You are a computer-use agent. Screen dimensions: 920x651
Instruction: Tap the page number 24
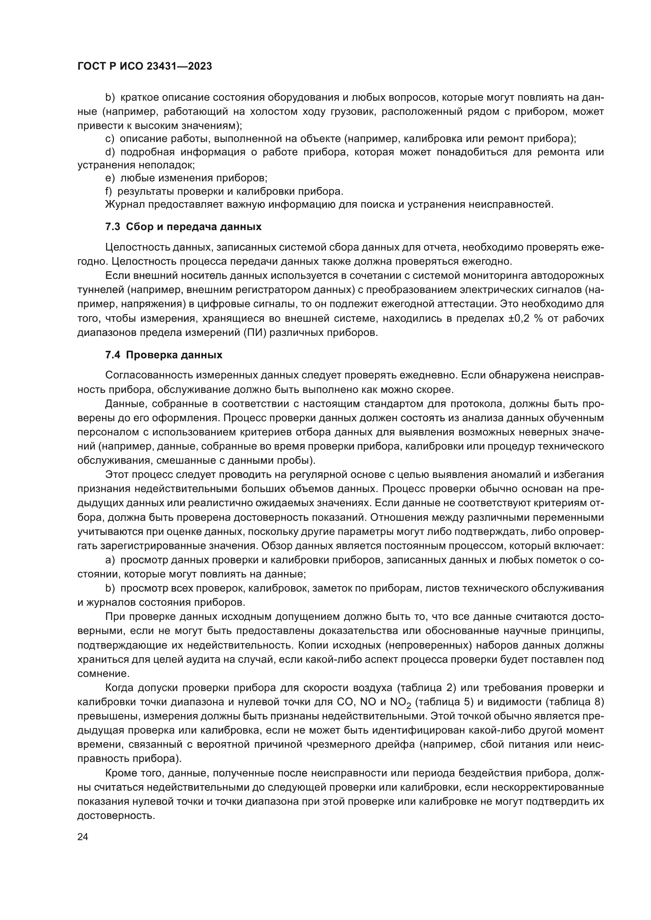pos(83,836)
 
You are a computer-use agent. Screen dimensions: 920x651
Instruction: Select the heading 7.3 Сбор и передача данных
pos(183,227)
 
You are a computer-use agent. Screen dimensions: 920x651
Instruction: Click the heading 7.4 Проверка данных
pos(164,355)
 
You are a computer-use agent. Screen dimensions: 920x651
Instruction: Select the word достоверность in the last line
pos(115,816)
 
